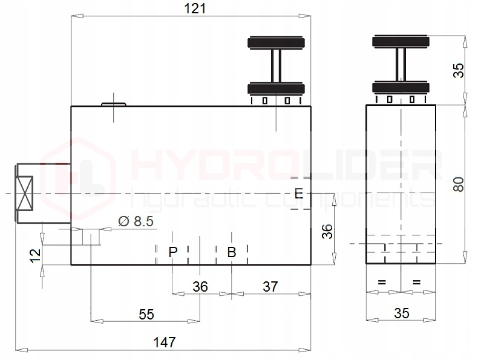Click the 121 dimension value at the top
195,8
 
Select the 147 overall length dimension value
165,342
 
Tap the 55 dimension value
146,314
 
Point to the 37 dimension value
270,287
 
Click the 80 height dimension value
459,185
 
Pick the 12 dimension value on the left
35,256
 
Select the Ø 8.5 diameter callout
136,221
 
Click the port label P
173,252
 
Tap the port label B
232,252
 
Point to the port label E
299,194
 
